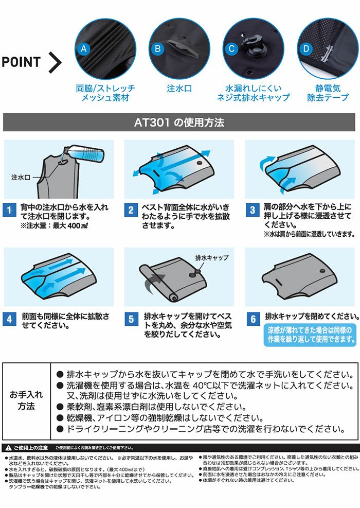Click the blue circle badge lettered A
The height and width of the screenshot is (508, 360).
pyautogui.click(x=84, y=49)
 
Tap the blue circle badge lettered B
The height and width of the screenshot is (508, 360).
pyautogui.click(x=158, y=49)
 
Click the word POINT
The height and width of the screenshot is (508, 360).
pyautogui.click(x=21, y=62)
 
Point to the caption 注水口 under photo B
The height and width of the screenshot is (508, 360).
pyautogui.click(x=179, y=88)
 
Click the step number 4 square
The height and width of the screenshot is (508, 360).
pyautogui.click(x=9, y=319)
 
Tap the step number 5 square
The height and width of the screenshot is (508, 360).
pyautogui.click(x=131, y=319)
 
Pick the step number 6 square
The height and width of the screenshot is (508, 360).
pyautogui.click(x=253, y=319)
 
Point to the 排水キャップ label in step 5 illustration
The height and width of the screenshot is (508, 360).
pyautogui.click(x=211, y=257)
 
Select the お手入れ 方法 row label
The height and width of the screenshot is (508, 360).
pyautogui.click(x=26, y=400)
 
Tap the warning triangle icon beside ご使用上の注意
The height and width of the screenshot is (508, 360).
pyautogui.click(x=8, y=448)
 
